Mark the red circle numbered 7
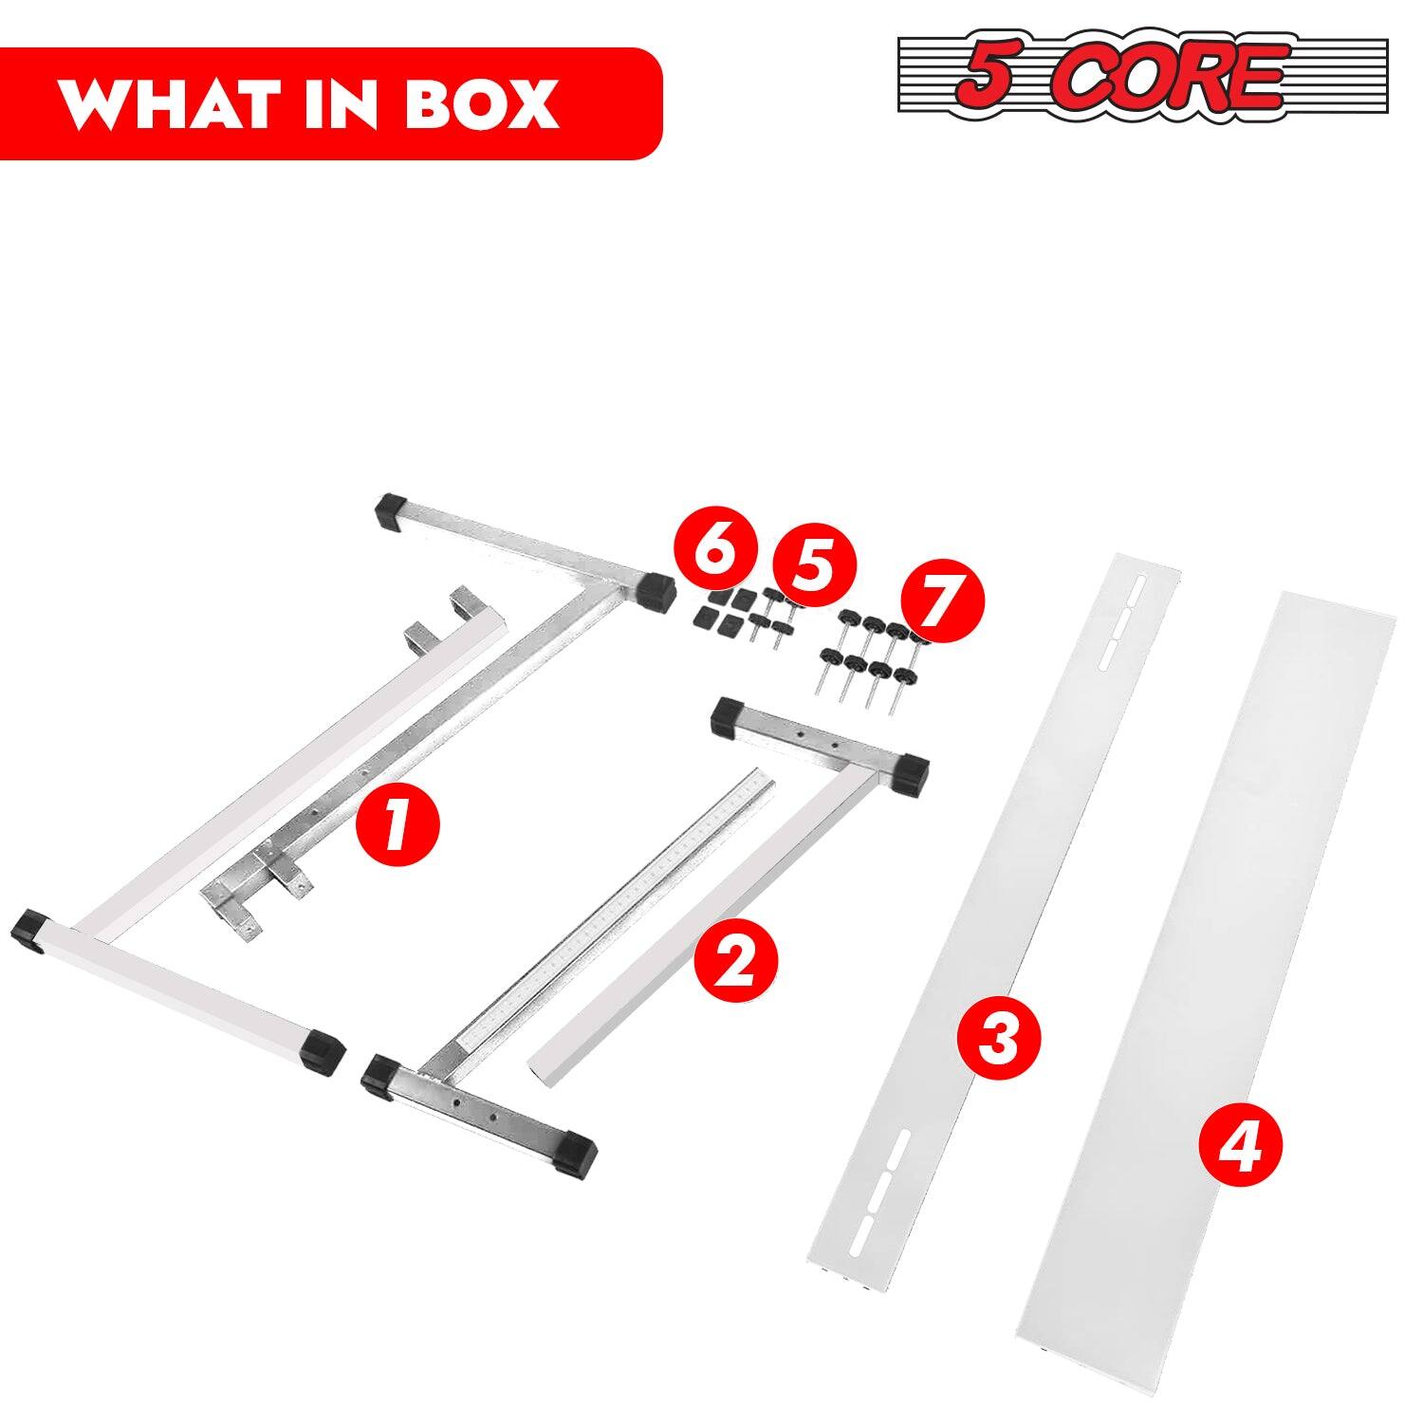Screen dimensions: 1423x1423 (943, 601)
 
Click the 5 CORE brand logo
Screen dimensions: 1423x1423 (1142, 76)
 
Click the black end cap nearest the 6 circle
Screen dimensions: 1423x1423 (654, 591)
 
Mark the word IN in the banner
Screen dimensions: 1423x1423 (343, 104)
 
